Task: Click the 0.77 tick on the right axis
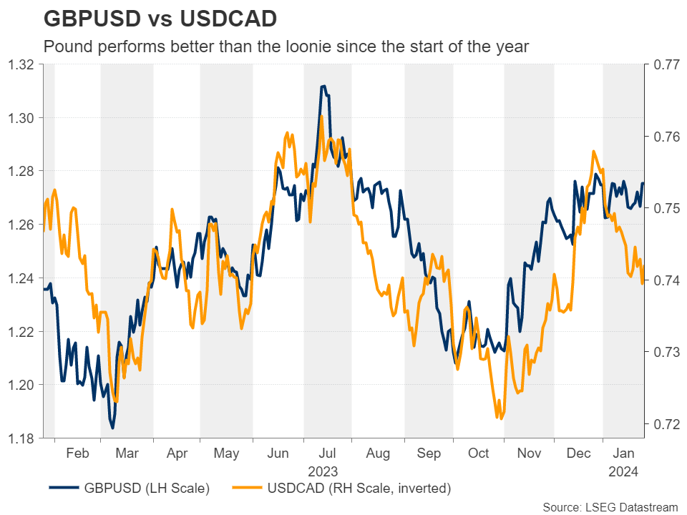(662, 65)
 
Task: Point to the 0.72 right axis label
(662, 424)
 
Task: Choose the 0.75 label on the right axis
(662, 208)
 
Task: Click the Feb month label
(77, 453)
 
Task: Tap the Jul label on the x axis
(327, 453)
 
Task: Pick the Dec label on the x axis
(578, 453)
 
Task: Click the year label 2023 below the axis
(327, 471)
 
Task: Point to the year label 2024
(623, 471)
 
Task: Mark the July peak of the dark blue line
(323, 86)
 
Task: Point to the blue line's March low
(112, 428)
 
